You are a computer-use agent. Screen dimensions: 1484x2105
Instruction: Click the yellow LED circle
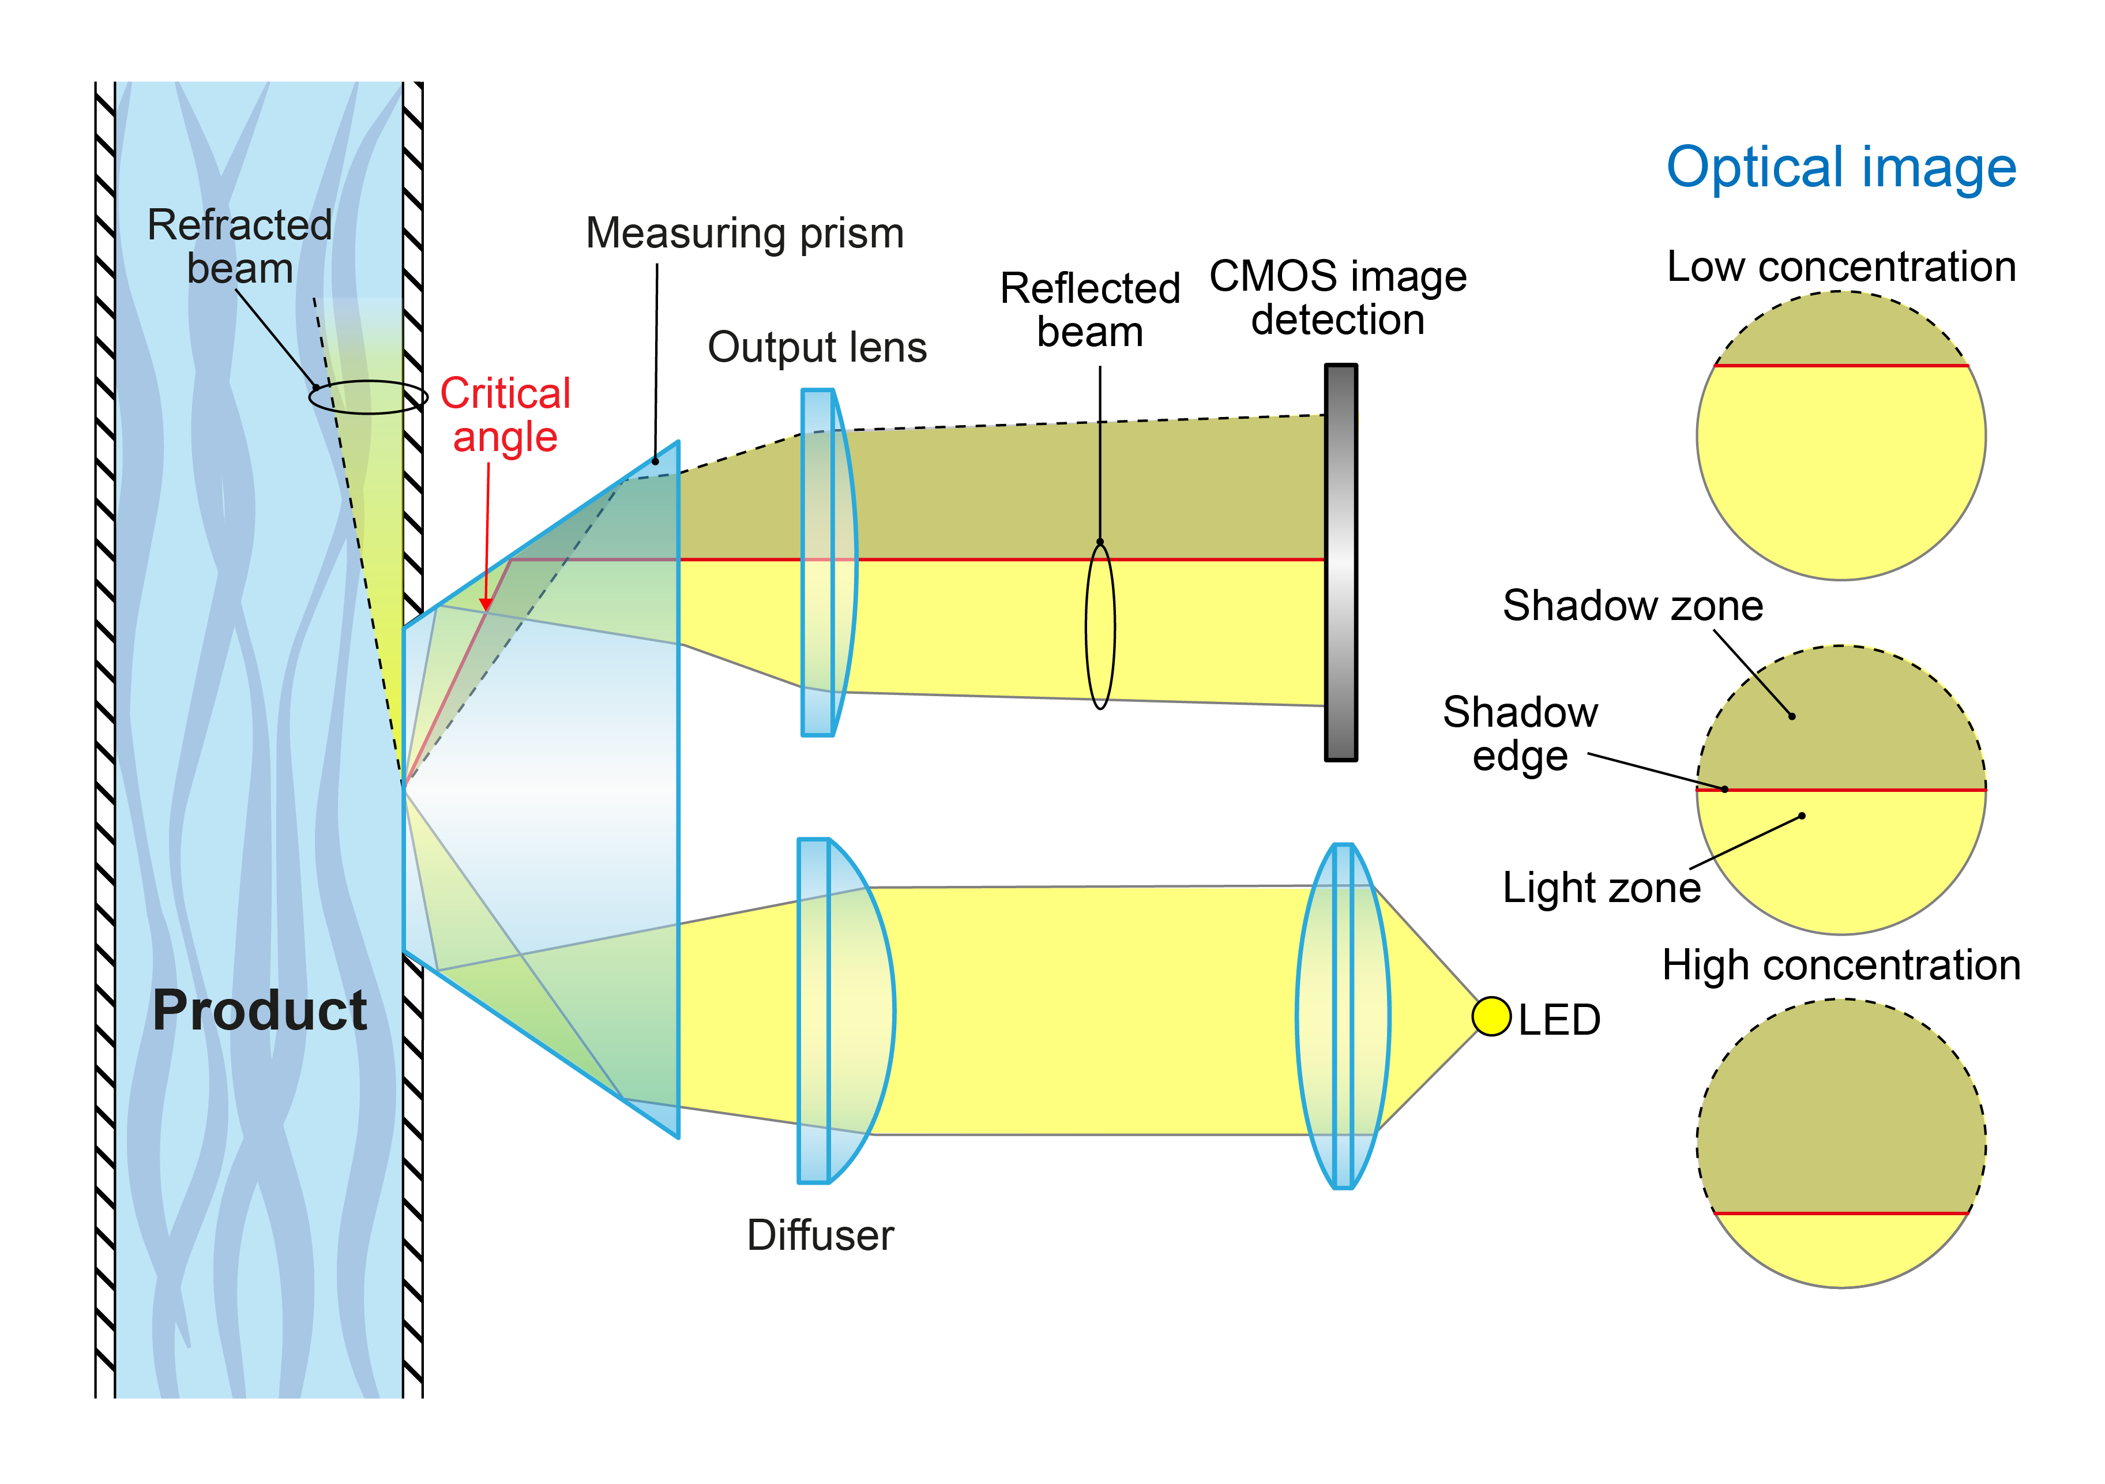coord(1491,1016)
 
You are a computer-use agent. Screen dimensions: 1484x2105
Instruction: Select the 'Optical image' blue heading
coord(1841,168)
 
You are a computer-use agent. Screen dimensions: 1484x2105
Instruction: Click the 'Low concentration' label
coord(1841,266)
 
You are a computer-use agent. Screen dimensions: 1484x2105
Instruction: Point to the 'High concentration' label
coord(1841,965)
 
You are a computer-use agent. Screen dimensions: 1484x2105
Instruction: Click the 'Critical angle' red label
coord(505,415)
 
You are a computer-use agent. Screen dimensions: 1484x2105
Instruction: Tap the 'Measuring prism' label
coord(745,234)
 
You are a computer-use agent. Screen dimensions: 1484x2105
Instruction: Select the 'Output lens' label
coord(817,347)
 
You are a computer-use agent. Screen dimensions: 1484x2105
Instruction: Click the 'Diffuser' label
coord(820,1235)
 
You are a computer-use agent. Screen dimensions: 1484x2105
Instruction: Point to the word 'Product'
coord(260,1010)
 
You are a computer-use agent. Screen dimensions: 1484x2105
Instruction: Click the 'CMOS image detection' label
coord(1337,298)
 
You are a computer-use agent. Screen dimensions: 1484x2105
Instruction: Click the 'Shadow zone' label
coord(1633,606)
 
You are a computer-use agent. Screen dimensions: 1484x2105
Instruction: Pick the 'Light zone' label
coord(1602,887)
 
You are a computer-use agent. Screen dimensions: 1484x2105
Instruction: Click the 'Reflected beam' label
coord(1089,310)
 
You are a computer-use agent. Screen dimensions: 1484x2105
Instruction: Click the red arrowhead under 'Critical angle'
coord(486,604)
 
